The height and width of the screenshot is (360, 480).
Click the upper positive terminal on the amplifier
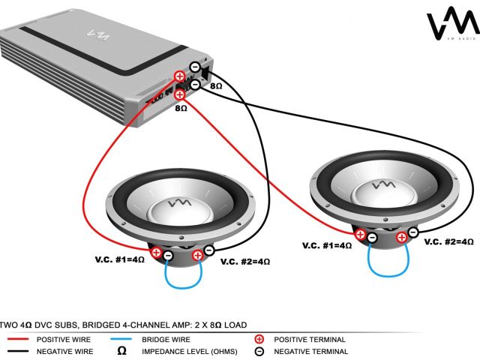180,76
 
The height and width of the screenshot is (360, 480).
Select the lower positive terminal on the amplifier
180,94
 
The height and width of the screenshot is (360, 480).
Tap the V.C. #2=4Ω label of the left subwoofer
244,261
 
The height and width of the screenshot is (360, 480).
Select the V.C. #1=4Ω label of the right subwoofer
327,245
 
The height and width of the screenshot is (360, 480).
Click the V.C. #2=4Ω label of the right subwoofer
448,242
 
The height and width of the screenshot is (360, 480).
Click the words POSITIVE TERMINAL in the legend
307,339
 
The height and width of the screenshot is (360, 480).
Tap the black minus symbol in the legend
259,350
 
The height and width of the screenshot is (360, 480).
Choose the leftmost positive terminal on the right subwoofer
360,235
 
